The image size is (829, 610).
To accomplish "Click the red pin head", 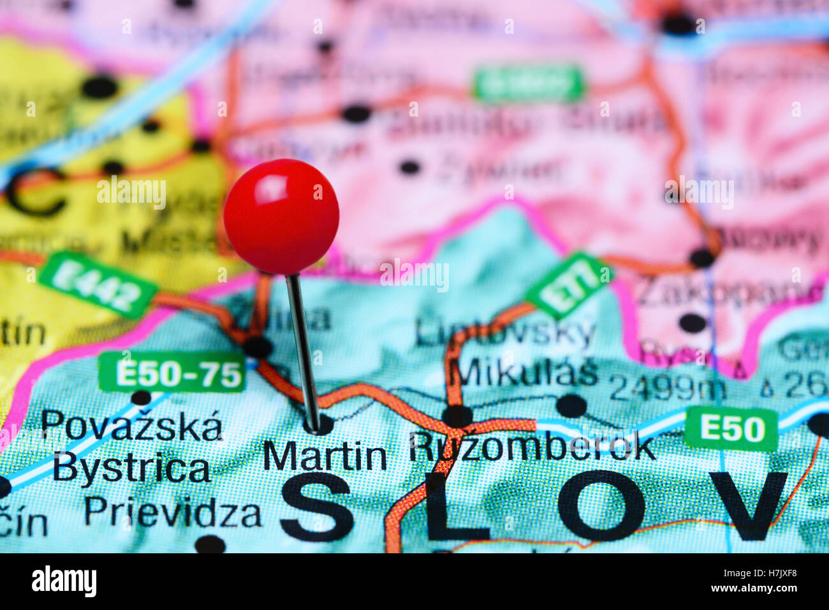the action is [281, 217].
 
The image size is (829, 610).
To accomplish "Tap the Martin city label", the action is [325, 456].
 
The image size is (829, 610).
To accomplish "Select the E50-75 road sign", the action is [172, 372].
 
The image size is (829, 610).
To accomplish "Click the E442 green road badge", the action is [98, 285].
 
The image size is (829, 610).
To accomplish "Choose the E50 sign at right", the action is [731, 428].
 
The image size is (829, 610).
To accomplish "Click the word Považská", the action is [132, 426].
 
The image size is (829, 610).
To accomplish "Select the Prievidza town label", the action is [172, 512].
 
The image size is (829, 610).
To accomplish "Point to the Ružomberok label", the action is [532, 448].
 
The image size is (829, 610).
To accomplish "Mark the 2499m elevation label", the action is [667, 387].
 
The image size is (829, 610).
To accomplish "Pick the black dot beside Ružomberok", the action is [457, 416].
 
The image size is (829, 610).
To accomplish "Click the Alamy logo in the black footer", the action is [64, 581].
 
